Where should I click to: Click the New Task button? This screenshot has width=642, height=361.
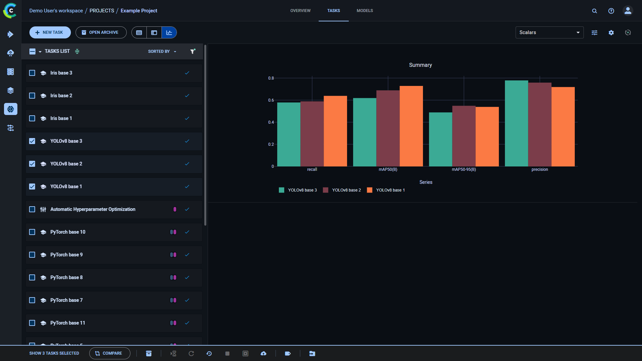click(x=50, y=32)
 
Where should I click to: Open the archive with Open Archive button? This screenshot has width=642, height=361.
click(x=101, y=32)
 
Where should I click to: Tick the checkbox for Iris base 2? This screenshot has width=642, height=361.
click(x=32, y=96)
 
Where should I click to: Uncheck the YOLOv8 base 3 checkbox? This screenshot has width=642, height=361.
click(x=32, y=141)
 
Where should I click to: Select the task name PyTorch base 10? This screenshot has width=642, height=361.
click(x=68, y=232)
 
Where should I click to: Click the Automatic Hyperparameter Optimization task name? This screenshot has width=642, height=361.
click(x=93, y=209)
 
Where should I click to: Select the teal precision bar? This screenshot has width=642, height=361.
click(x=516, y=123)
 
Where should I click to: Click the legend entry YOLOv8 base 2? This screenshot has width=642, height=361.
click(x=346, y=190)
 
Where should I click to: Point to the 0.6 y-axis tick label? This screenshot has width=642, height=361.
click(x=271, y=100)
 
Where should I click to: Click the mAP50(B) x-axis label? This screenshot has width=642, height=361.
click(x=388, y=169)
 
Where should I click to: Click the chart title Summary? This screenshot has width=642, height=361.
click(x=420, y=65)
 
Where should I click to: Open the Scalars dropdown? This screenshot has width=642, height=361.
click(x=549, y=32)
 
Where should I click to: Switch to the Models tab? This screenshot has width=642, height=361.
click(x=364, y=11)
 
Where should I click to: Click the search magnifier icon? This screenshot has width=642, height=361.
click(x=594, y=11)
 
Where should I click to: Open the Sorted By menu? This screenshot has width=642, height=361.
click(x=162, y=51)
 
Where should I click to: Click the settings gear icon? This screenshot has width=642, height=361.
click(x=611, y=32)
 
